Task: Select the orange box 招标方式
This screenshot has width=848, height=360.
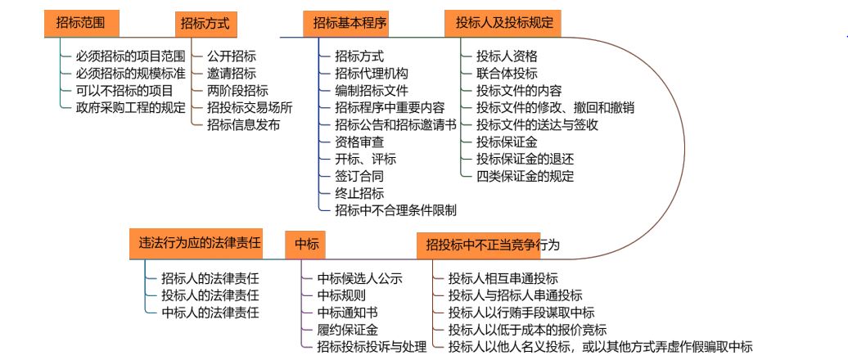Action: (205, 24)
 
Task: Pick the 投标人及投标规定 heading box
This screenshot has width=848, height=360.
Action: (503, 24)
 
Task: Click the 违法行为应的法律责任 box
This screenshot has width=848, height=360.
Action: (200, 243)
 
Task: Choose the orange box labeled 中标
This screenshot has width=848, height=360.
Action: (306, 243)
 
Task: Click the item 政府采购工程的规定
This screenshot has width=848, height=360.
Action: (131, 107)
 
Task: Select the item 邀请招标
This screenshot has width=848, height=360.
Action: (232, 74)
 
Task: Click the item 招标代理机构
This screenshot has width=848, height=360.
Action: (371, 74)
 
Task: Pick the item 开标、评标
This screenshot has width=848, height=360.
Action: (365, 159)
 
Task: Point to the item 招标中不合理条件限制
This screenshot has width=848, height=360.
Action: (395, 210)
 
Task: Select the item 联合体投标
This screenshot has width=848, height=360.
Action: (507, 74)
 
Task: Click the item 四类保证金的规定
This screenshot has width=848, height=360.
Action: (525, 176)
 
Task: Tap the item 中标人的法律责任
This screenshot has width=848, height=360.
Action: (210, 312)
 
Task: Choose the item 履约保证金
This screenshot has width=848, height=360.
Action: (347, 330)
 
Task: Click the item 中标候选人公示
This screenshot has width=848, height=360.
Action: (359, 278)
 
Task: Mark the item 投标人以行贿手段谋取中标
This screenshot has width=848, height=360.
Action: (521, 313)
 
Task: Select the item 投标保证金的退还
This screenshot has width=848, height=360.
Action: (525, 159)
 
